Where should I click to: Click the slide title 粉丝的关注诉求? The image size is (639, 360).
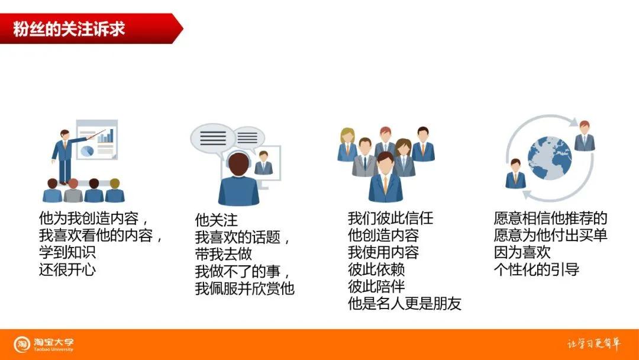(x=69, y=28)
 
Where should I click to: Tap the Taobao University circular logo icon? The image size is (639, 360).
(x=22, y=344)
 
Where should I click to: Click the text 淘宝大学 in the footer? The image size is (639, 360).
(x=53, y=342)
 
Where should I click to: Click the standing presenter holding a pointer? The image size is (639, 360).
(x=64, y=155)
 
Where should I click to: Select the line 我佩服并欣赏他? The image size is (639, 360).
(x=244, y=289)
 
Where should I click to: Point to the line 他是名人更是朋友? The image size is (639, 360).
(x=405, y=304)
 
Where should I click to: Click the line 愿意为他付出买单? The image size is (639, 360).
(x=550, y=236)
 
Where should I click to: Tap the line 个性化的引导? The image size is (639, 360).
(x=536, y=269)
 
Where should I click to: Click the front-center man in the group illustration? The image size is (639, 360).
(x=385, y=177)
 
